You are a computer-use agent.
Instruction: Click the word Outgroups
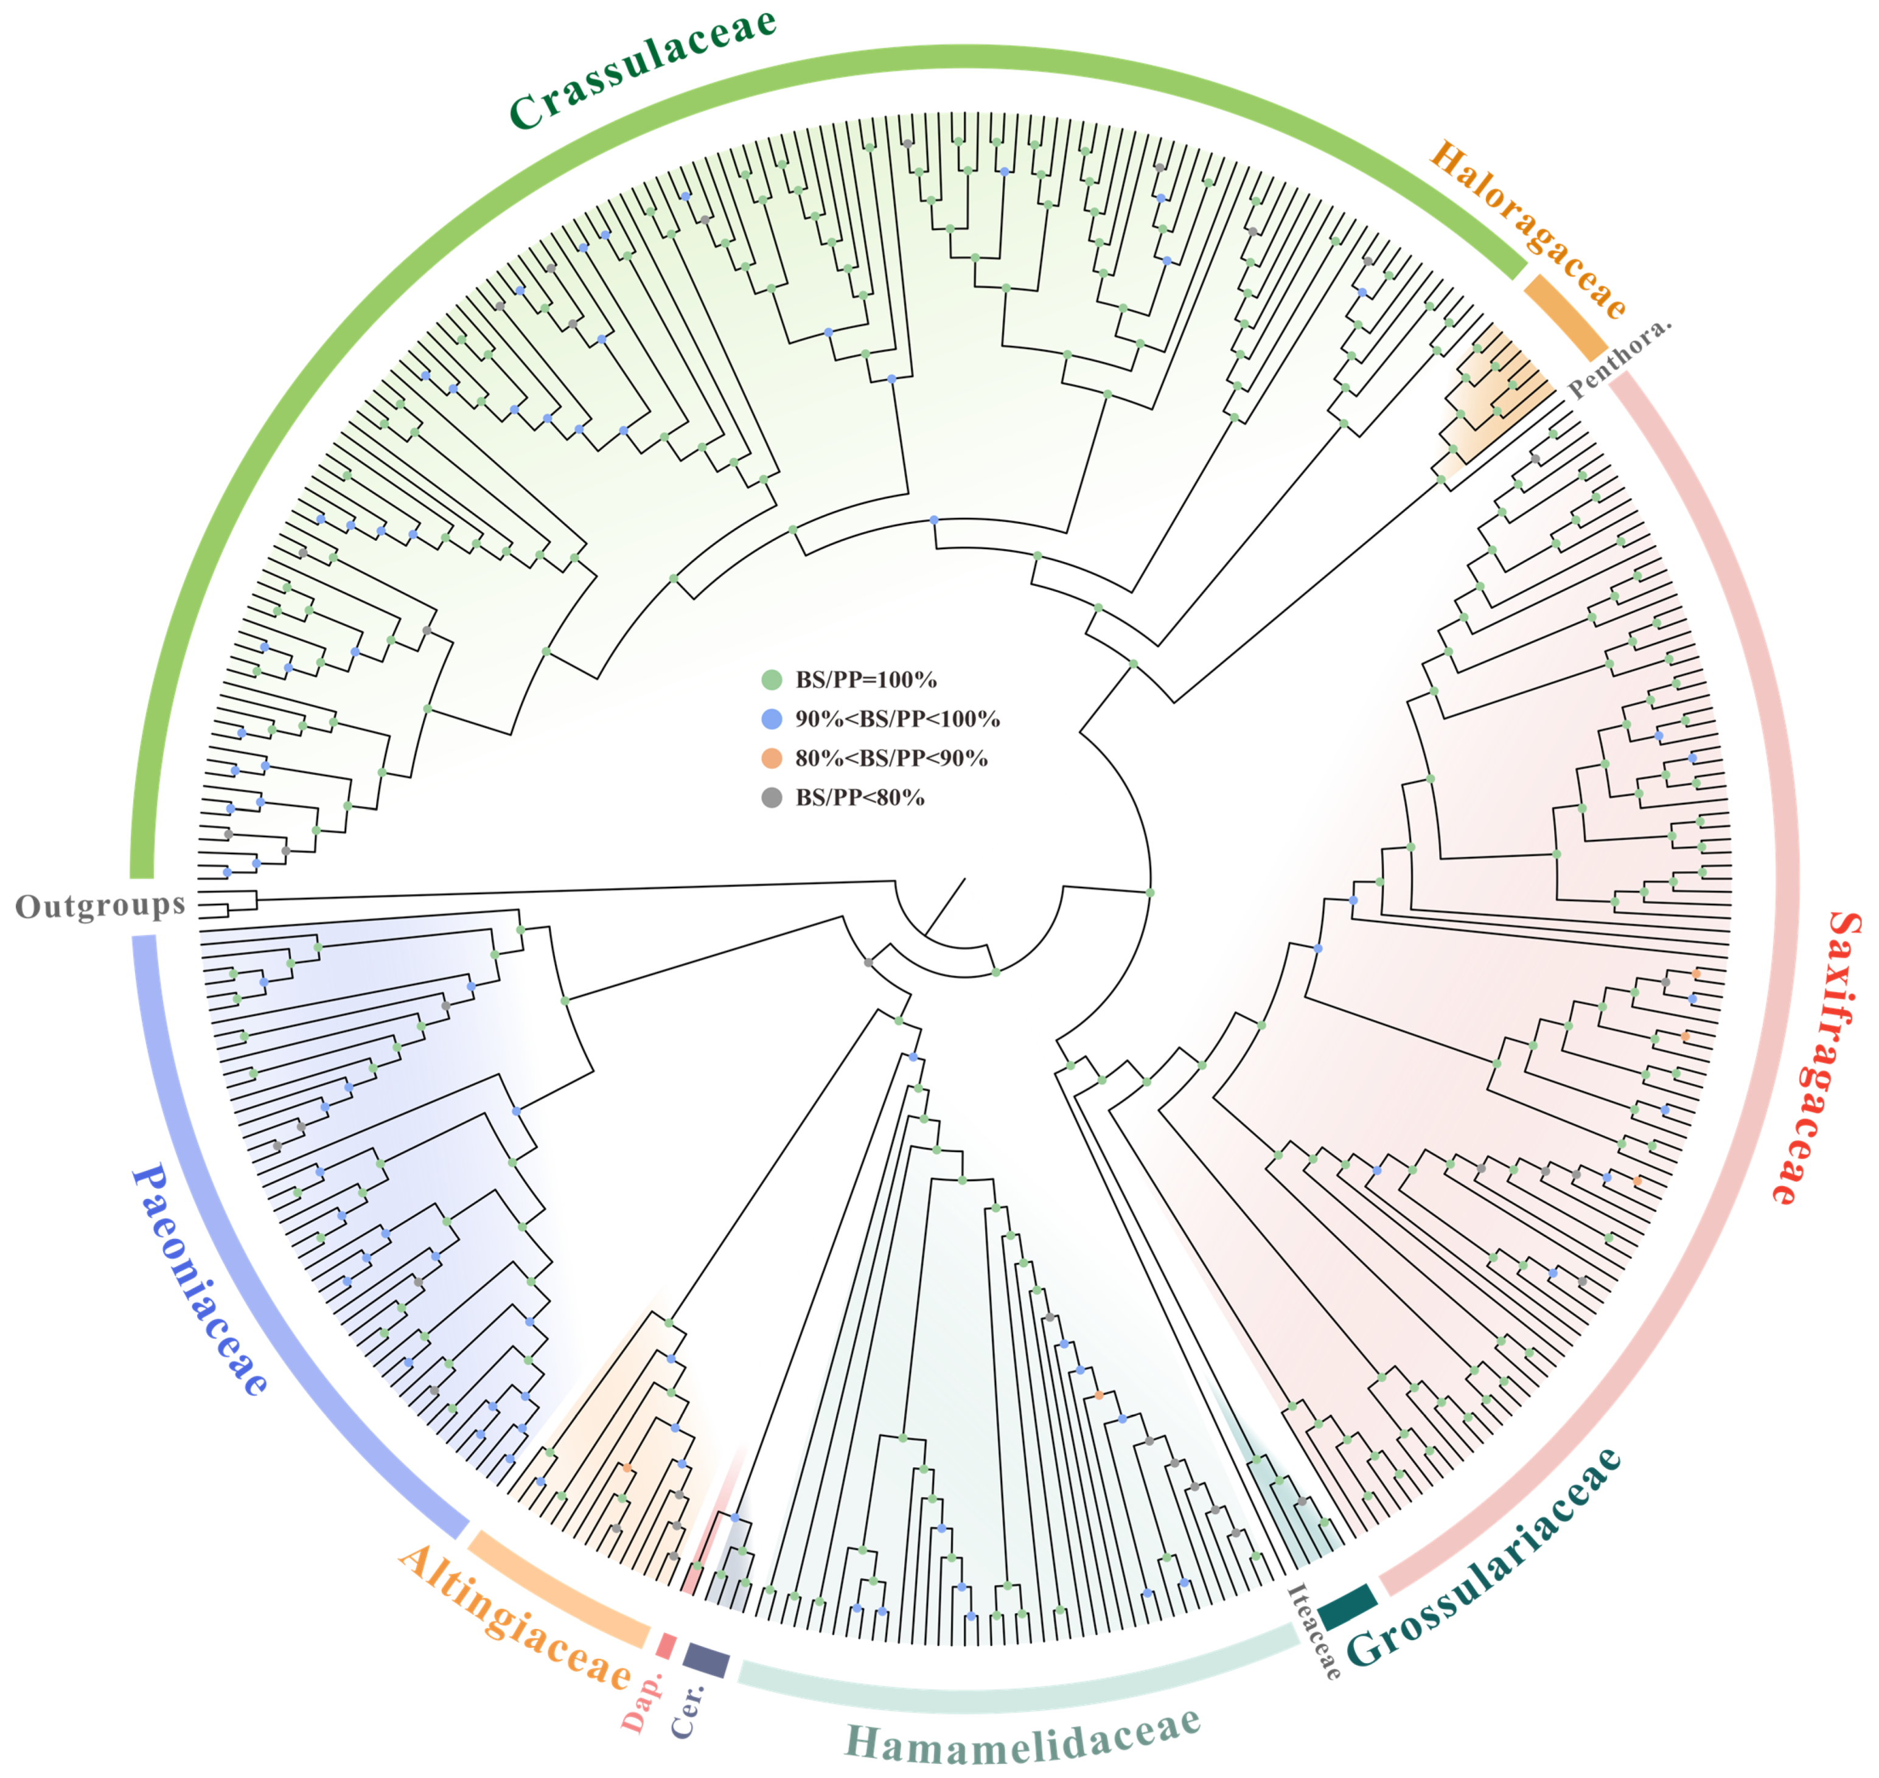pyautogui.click(x=100, y=906)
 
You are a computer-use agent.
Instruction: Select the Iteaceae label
pyautogui.click(x=1313, y=1630)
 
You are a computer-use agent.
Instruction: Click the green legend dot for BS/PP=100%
pyautogui.click(x=772, y=679)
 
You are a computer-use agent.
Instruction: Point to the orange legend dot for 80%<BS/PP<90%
pyautogui.click(x=772, y=758)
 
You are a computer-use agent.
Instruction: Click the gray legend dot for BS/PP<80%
pyautogui.click(x=772, y=798)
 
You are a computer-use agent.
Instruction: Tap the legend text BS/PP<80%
pyautogui.click(x=859, y=798)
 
